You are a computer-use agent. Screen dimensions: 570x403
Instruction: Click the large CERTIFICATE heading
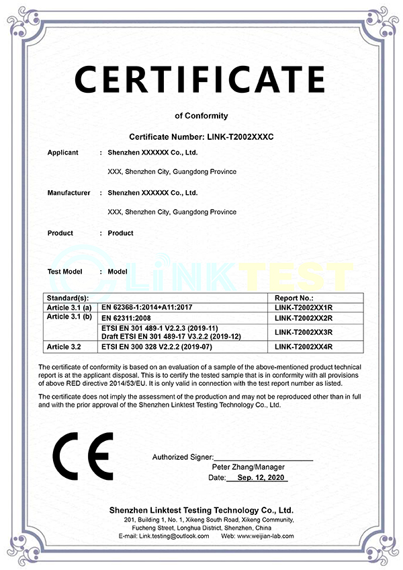199,79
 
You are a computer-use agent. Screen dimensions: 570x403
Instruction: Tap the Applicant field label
63,153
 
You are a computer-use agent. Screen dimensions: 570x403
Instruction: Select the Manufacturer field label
69,193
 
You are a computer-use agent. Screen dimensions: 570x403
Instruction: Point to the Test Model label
64,272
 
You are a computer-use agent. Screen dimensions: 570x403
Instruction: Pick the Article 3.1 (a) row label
69,307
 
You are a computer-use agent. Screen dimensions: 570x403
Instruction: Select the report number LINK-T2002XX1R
304,307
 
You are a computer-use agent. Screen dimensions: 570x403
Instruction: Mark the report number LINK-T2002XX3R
304,332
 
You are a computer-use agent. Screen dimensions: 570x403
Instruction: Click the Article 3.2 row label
65,347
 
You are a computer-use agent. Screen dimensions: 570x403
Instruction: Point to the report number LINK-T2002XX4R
304,347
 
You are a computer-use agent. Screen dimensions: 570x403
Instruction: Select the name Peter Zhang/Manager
248,467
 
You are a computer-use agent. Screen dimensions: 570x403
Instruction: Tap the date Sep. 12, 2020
257,477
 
